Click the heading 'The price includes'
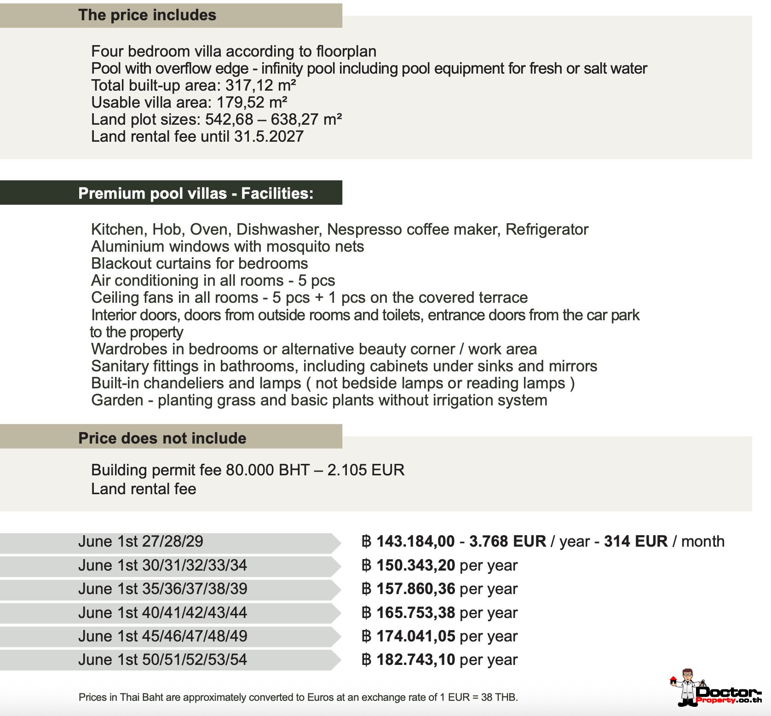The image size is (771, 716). point(147,15)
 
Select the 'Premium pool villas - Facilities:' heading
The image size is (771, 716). point(196,193)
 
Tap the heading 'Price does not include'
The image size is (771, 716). point(162,438)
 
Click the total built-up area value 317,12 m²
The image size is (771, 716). point(260,85)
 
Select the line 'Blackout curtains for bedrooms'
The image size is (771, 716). point(199,263)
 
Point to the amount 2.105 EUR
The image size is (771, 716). point(366,470)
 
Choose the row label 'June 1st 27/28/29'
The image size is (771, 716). point(140,541)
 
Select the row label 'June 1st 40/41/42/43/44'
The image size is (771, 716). point(162,612)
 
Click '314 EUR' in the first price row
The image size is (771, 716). point(635,541)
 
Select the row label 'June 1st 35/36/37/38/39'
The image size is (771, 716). point(162,589)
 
